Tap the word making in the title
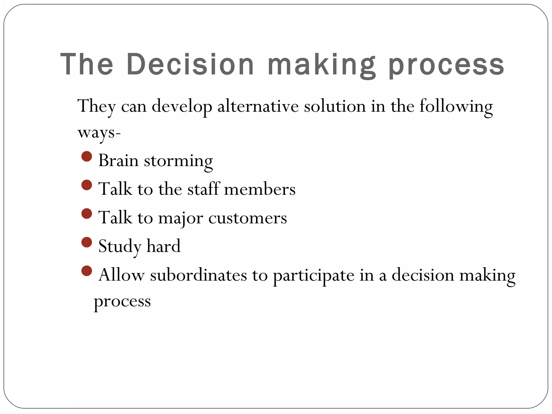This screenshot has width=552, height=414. [x=322, y=65]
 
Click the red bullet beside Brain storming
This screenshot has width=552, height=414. [x=87, y=156]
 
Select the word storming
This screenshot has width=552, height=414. [x=178, y=161]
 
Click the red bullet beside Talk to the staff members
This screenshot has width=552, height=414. [x=87, y=185]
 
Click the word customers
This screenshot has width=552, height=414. [x=247, y=218]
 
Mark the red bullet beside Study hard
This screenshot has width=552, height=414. [x=87, y=242]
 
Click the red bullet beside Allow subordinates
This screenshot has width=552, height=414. [x=87, y=271]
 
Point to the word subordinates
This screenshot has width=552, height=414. [x=198, y=275]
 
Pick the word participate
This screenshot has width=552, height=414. [x=313, y=276]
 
